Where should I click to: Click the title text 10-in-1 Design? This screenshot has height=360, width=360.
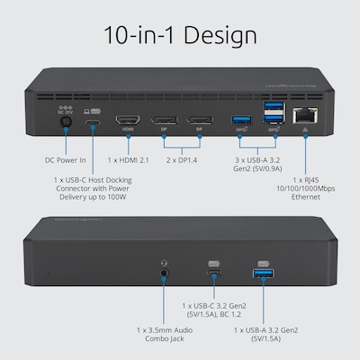[x=180, y=36]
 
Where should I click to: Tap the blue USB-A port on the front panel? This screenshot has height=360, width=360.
[x=264, y=274]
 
